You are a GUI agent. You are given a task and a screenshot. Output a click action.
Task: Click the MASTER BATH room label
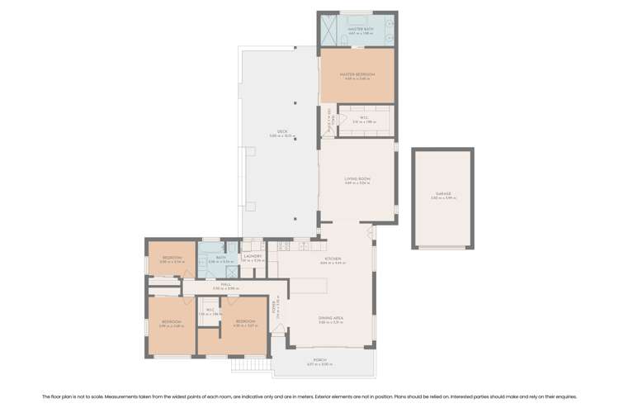(x=357, y=29)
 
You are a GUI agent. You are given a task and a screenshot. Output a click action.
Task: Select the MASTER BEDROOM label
(x=357, y=74)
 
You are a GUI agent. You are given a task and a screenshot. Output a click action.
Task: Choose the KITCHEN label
(x=333, y=259)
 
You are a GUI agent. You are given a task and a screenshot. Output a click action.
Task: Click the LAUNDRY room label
(x=253, y=257)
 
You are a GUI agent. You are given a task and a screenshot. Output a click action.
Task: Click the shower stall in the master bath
(x=329, y=31)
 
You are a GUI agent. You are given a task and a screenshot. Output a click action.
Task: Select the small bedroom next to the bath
(x=172, y=259)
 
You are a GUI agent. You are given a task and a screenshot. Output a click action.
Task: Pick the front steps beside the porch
(x=249, y=363)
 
